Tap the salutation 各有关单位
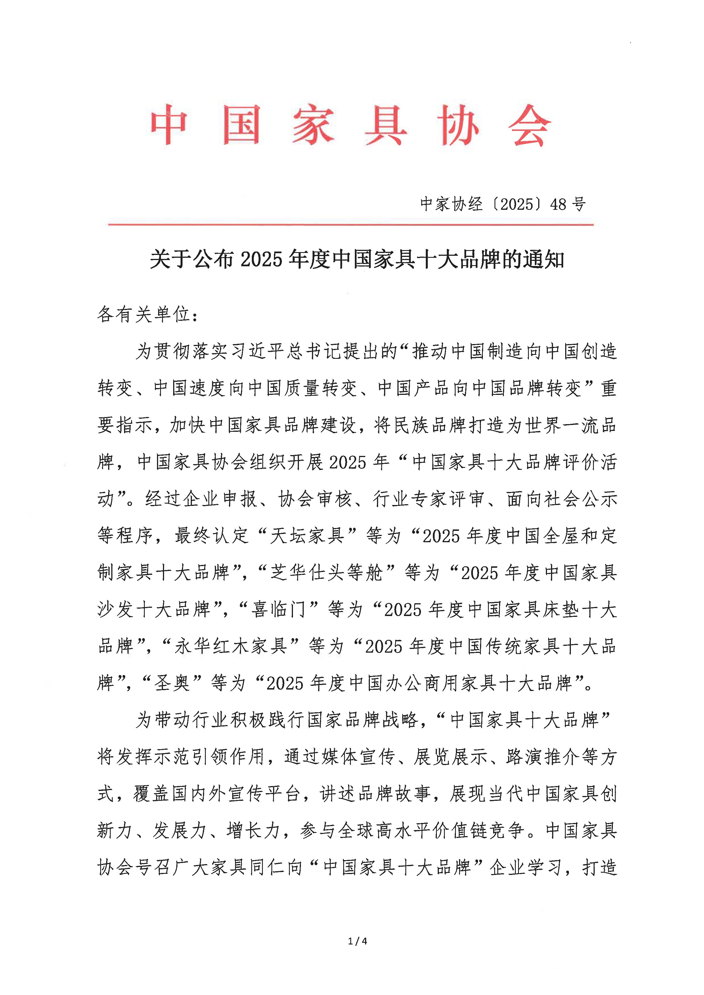click(x=143, y=314)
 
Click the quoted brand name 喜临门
click(x=279, y=609)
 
